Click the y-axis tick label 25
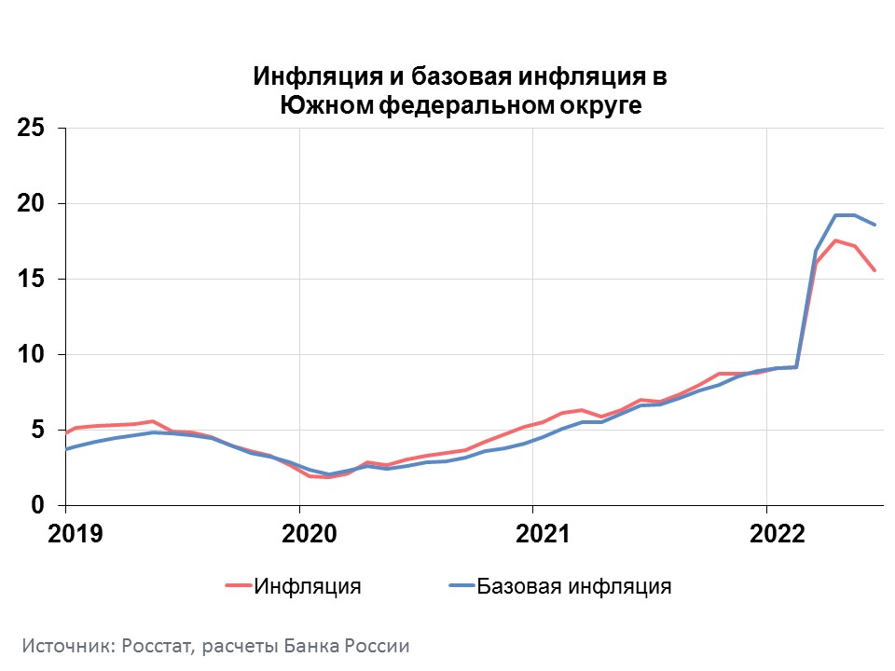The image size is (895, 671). click(31, 128)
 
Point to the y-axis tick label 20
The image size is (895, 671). click(31, 203)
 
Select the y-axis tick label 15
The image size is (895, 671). click(31, 279)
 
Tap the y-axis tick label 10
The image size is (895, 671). click(31, 354)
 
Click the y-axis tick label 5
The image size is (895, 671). click(37, 430)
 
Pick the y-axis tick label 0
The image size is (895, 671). click(37, 505)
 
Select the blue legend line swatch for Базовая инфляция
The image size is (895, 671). click(461, 586)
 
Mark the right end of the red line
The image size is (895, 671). click(874, 270)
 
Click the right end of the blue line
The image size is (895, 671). click(874, 225)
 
